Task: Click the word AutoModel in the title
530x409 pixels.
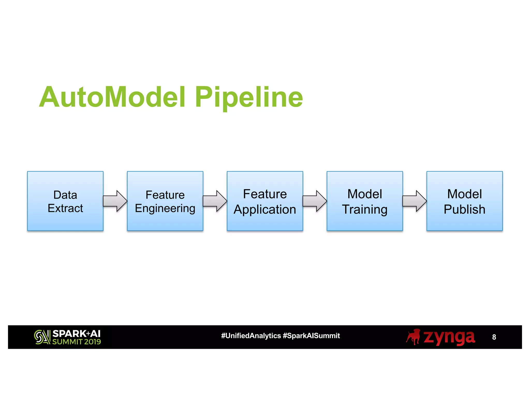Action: (113, 97)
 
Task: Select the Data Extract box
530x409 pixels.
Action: (65, 201)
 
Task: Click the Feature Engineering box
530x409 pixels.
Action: (165, 201)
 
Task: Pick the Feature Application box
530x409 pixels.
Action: (265, 201)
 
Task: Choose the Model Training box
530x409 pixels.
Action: (365, 201)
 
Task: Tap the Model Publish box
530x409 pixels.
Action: (465, 201)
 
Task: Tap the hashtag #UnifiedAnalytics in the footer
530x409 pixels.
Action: (251, 336)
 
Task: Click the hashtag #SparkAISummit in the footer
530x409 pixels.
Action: (311, 336)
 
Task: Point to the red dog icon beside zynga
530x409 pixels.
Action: (413, 337)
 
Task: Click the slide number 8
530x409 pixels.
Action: (494, 337)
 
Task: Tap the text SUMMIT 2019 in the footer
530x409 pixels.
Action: (77, 342)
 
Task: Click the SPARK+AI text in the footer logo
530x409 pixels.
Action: (76, 334)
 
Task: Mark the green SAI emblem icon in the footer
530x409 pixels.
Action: (42, 337)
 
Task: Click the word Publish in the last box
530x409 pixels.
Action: (465, 209)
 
